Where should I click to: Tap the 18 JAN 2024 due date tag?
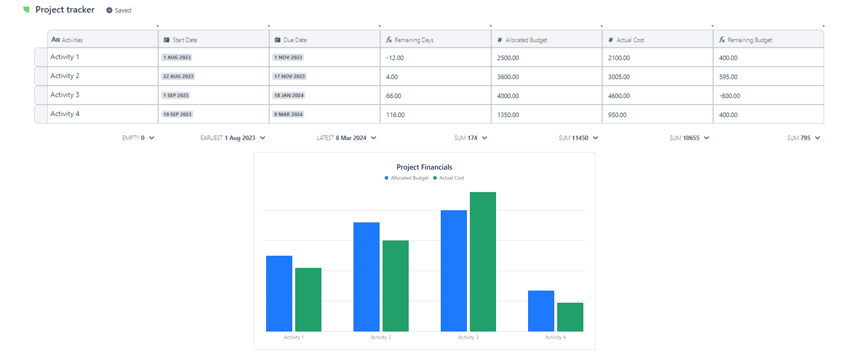(x=289, y=95)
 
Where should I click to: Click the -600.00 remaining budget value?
(x=729, y=96)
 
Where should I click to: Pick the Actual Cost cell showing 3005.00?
(x=619, y=77)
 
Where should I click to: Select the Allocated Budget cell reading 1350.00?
(x=508, y=115)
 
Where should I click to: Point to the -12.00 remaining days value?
(x=395, y=58)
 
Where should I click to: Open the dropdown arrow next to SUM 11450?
(x=595, y=138)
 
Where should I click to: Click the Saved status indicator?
(x=119, y=10)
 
